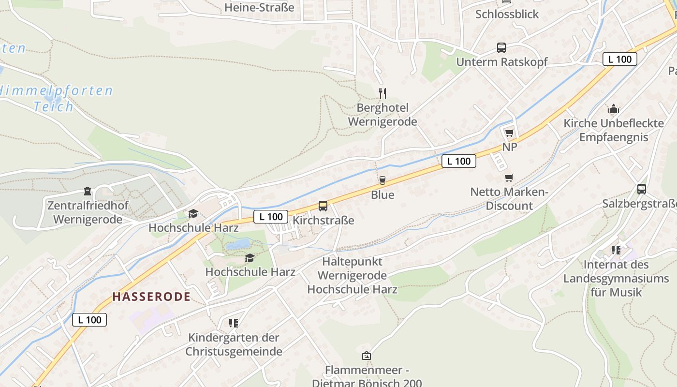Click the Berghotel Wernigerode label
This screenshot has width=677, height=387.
tap(382, 115)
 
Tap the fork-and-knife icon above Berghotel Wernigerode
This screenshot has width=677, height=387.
tap(383, 93)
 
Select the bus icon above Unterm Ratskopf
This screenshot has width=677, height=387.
tap(501, 48)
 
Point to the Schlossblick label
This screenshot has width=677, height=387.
tap(507, 14)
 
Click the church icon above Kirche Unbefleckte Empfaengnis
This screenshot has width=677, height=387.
tap(614, 108)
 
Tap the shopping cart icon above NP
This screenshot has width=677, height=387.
tap(509, 133)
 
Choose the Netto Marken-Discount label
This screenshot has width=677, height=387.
tap(509, 199)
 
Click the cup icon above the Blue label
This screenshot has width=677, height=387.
tap(383, 180)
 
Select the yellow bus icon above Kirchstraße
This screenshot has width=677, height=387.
tap(323, 206)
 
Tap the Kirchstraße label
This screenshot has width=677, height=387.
tap(324, 221)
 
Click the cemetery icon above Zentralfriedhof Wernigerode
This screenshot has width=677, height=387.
tap(88, 191)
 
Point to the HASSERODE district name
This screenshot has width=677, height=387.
tap(151, 297)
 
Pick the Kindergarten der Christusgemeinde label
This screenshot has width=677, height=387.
tap(234, 344)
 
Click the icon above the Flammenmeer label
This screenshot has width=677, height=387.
tap(367, 356)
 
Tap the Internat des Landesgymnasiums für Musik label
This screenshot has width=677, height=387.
tap(616, 278)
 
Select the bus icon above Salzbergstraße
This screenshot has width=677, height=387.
tap(642, 189)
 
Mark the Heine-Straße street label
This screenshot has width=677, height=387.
tap(259, 7)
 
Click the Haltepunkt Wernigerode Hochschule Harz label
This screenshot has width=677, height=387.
tap(352, 276)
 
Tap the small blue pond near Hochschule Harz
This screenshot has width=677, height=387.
tap(238, 244)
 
